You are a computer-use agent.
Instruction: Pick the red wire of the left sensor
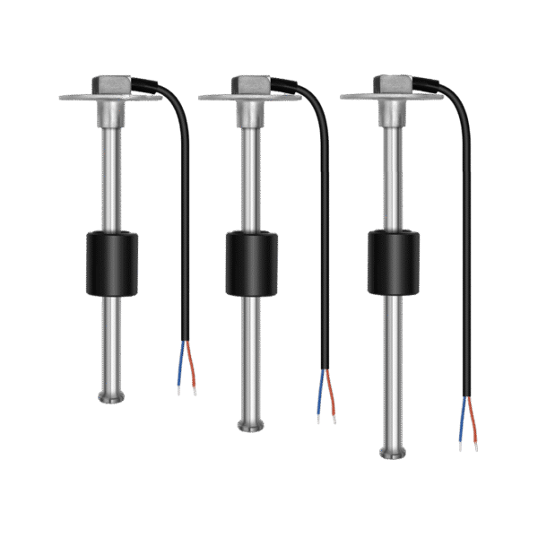(x=190, y=366)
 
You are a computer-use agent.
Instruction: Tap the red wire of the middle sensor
(x=332, y=393)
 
